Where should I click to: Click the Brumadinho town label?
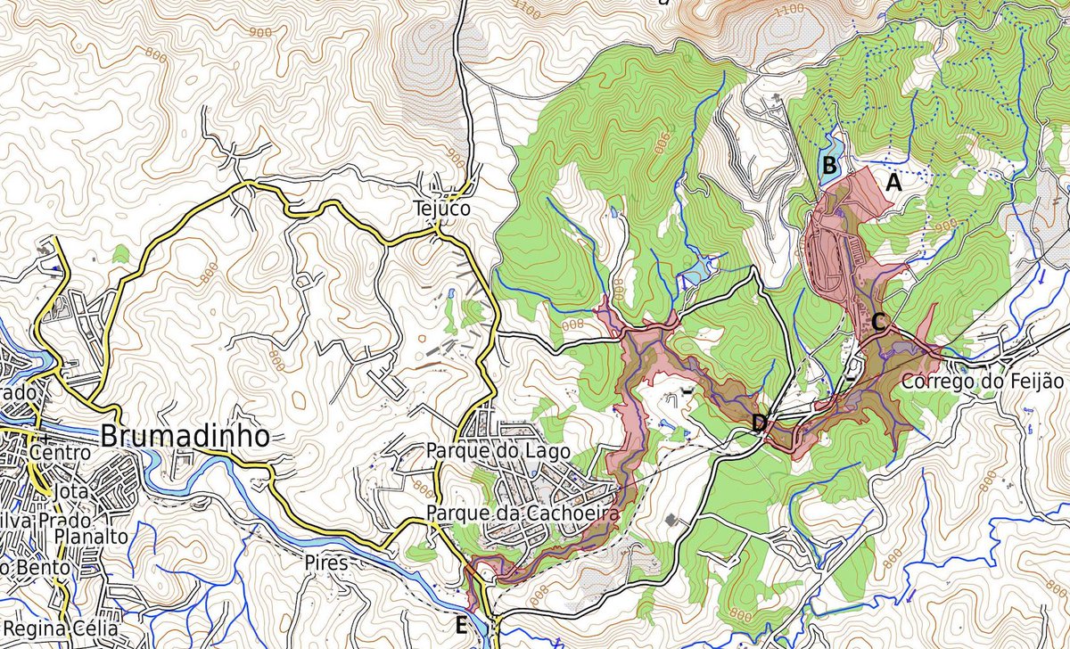tap(185, 437)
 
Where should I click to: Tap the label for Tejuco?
tap(440, 208)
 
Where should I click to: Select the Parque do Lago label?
tap(498, 451)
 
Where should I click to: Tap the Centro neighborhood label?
tap(60, 452)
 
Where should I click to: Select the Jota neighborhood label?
tap(71, 492)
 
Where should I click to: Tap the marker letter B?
tap(828, 165)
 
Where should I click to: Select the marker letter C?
tap(878, 323)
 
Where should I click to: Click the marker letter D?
tap(758, 423)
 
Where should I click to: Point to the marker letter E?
tap(461, 625)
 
